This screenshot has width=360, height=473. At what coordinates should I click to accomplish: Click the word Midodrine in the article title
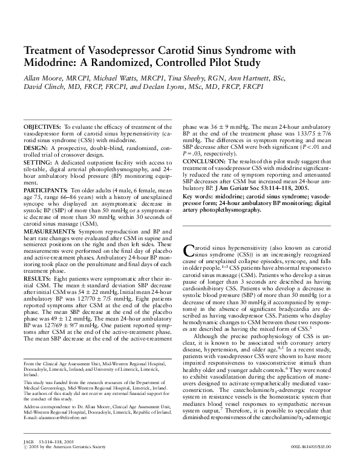click(49, 62)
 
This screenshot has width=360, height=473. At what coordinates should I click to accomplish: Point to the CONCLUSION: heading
click(205, 160)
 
